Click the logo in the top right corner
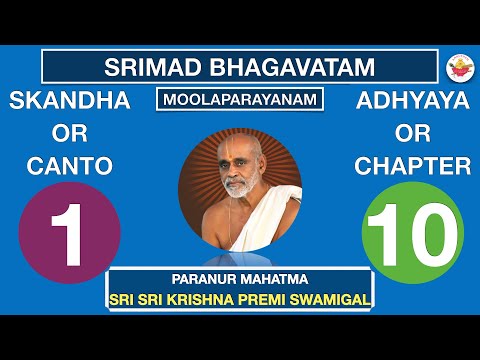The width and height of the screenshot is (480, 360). pos(456,67)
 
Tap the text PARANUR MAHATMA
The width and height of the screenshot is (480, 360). pos(239,280)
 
